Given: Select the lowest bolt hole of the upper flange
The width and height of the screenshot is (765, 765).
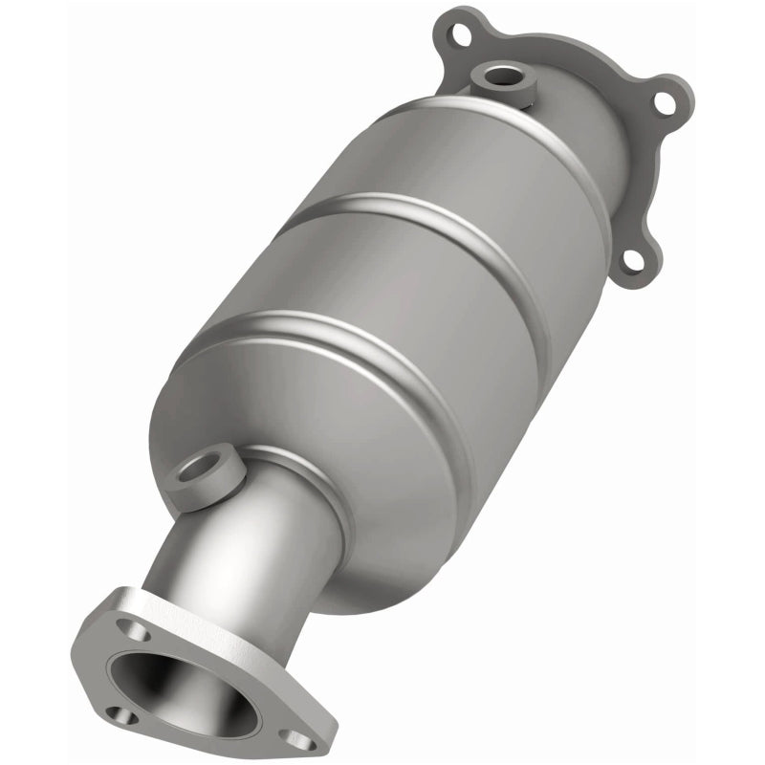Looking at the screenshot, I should pos(632,257).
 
